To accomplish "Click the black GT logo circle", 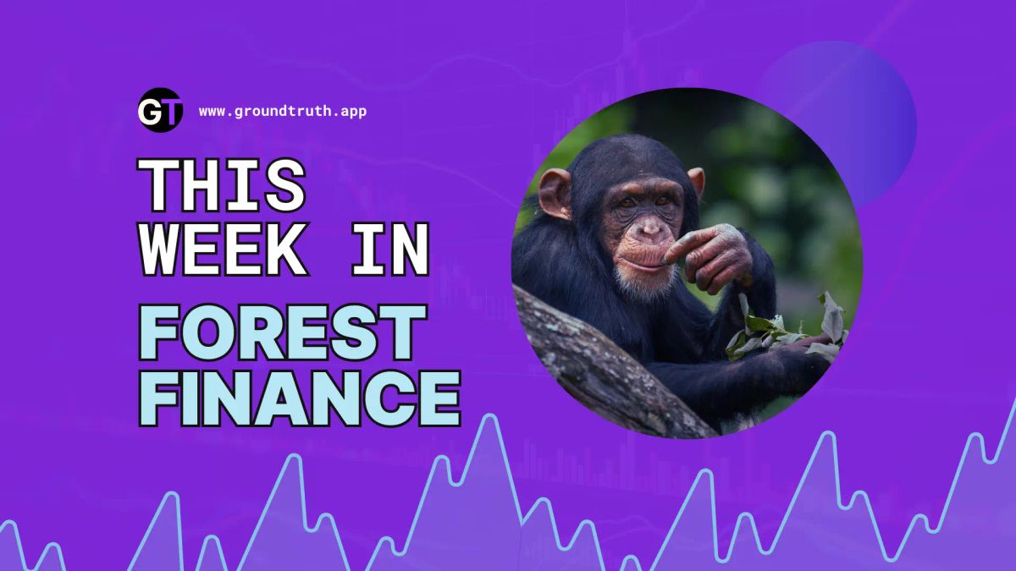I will [x=159, y=110].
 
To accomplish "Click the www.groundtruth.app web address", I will [x=283, y=111].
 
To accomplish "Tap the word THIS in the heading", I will [x=222, y=186].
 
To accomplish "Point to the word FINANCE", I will [x=300, y=398].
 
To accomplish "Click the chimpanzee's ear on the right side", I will [x=697, y=181].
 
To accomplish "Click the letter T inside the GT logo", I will [x=170, y=111].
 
